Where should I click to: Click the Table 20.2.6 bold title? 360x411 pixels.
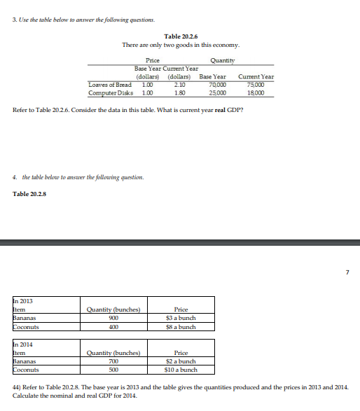pyautogui.click(x=181, y=36)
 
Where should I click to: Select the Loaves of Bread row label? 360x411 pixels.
pyautogui.click(x=110, y=84)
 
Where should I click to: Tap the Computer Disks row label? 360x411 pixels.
pyautogui.click(x=111, y=91)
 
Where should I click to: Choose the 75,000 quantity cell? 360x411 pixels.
pyautogui.click(x=256, y=84)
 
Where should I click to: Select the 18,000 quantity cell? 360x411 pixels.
pyautogui.click(x=256, y=91)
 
